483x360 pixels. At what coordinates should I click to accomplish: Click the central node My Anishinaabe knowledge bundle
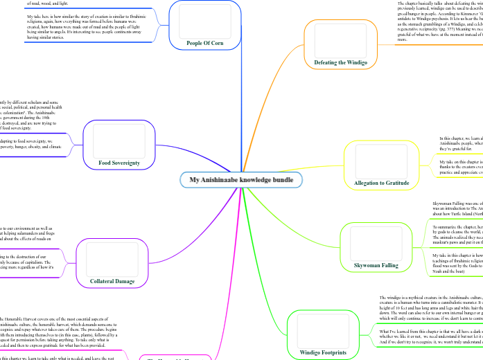coord(240,180)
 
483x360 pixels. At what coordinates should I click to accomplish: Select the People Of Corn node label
coord(204,42)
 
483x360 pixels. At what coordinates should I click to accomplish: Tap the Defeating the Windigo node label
coord(341,62)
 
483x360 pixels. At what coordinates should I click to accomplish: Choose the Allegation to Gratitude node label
coord(382,183)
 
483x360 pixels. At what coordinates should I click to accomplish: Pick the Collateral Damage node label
coord(112,281)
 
